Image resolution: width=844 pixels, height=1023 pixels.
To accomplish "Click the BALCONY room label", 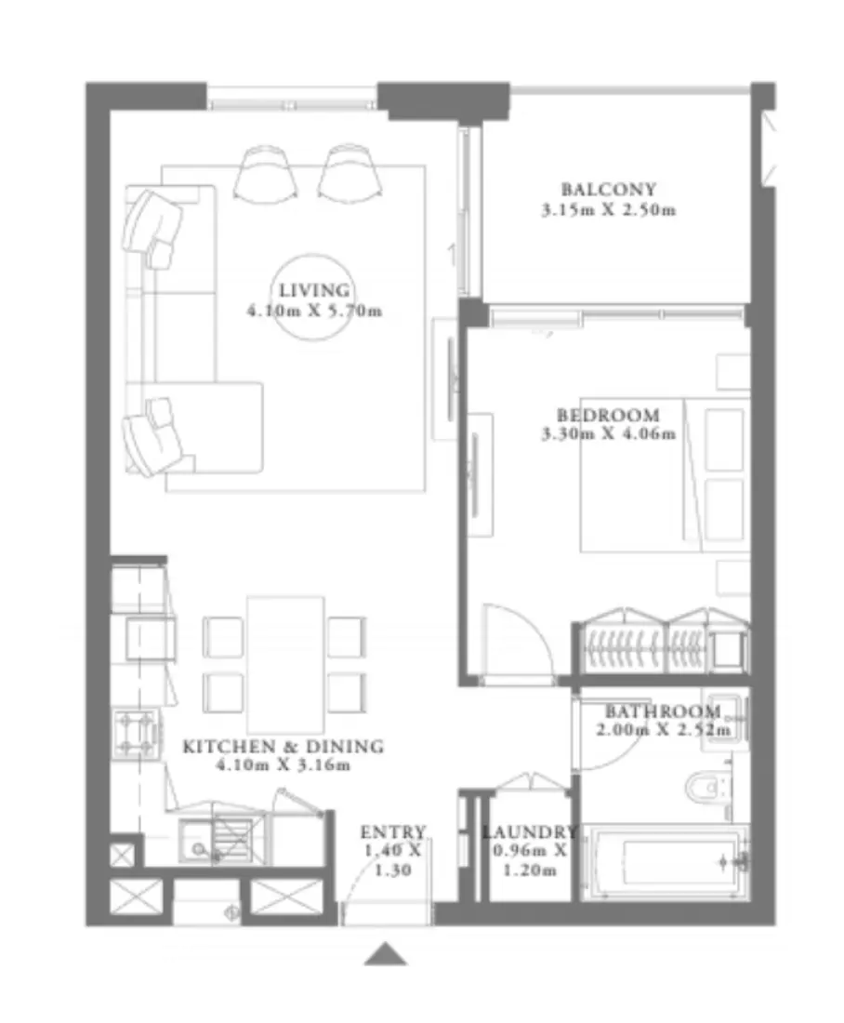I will point(608,190).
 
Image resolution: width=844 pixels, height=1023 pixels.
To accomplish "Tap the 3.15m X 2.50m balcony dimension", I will point(608,210).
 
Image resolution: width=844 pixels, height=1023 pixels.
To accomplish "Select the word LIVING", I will point(313,290).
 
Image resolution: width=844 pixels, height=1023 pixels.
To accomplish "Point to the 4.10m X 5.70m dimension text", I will point(313,312).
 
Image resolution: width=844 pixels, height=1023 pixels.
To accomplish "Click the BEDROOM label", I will point(608,415).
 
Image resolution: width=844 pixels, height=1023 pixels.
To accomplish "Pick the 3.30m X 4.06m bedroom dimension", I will point(608,433).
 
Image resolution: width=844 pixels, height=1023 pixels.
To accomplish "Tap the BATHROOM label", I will point(662,712).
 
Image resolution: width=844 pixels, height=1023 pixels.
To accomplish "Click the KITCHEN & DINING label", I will point(283,746).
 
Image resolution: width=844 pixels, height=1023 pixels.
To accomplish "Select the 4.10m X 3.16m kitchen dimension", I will point(283,765).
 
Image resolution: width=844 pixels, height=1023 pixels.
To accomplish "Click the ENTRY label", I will point(393,831).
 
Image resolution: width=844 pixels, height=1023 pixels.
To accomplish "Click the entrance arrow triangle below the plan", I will point(385,954).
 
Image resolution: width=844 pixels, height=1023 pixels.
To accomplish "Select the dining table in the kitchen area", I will point(285,663).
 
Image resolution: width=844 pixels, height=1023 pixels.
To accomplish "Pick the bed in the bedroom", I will point(665,474).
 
